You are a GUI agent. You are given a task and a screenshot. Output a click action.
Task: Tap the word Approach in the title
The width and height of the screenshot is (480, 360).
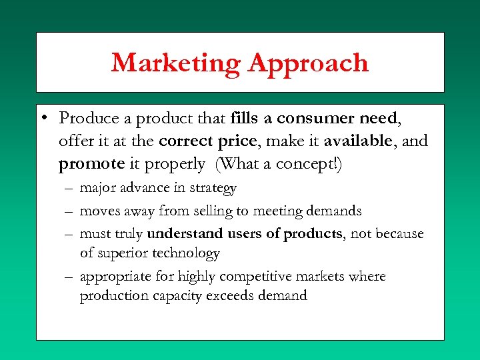pyautogui.click(x=308, y=63)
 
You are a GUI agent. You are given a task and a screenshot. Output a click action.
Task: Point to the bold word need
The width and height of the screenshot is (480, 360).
pyautogui.click(x=377, y=119)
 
